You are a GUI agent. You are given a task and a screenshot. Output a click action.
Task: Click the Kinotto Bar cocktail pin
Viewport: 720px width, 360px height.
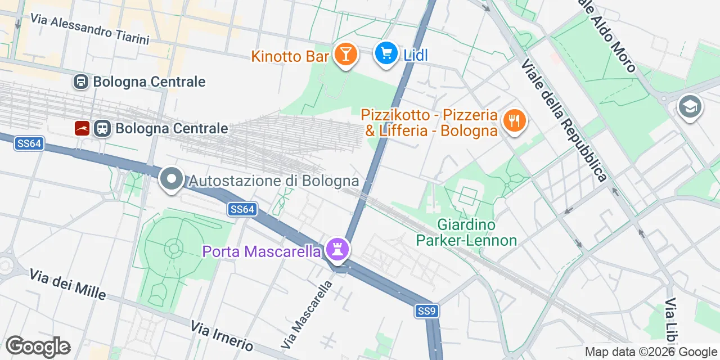(x=345, y=55)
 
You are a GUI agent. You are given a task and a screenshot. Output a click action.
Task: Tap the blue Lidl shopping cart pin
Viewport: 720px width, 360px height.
(x=386, y=54)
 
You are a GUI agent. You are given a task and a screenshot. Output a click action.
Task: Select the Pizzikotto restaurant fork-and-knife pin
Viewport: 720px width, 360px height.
(x=513, y=120)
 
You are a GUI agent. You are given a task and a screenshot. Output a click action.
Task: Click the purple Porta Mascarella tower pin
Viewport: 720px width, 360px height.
(x=337, y=249)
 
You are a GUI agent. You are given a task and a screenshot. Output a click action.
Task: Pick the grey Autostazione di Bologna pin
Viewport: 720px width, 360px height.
(x=172, y=179)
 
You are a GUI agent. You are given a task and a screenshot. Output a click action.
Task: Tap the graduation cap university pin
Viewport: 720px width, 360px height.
(x=690, y=106)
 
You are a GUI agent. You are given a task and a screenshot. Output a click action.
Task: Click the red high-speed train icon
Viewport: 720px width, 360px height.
(x=82, y=128)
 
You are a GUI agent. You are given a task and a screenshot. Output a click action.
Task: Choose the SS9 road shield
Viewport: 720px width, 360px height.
(x=427, y=311)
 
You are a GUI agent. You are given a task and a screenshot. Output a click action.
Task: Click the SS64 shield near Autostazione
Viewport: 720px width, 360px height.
(x=243, y=210)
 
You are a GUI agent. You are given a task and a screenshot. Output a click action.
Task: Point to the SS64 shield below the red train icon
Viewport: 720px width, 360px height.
(x=29, y=144)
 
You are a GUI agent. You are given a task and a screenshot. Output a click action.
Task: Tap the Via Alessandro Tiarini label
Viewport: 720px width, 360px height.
(x=90, y=29)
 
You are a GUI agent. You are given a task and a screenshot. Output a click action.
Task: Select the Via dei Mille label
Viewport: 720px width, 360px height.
(x=67, y=285)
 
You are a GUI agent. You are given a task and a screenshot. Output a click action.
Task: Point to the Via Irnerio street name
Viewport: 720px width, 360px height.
(x=222, y=335)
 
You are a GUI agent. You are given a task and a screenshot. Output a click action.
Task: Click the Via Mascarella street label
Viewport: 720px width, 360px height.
(x=307, y=314)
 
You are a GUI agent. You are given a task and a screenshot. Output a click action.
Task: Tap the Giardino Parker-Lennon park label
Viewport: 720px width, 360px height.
(x=466, y=233)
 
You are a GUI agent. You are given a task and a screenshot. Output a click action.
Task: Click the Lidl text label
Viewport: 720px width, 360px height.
(x=416, y=55)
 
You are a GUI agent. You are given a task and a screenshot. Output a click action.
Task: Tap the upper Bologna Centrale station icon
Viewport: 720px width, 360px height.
(x=81, y=82)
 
